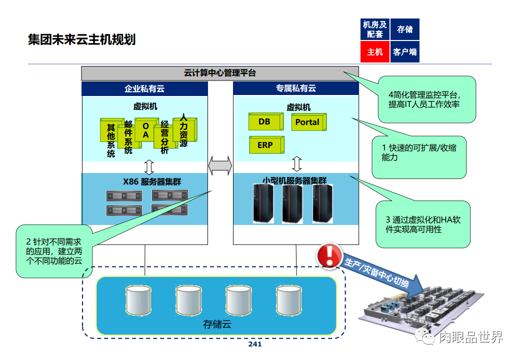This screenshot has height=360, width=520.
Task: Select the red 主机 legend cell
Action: coord(374,51)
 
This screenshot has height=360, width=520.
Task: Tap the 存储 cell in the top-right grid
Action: coord(404,29)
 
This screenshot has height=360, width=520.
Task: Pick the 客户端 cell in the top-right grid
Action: coord(404,51)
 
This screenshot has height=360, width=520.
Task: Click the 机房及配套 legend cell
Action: coord(374,29)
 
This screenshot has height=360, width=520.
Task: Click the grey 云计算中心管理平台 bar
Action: coord(220,73)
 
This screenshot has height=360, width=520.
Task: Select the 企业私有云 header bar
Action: coord(144,88)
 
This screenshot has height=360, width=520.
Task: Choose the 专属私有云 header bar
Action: coord(296,88)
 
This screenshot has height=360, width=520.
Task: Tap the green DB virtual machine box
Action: coord(264,121)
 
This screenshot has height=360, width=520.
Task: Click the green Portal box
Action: coord(307,122)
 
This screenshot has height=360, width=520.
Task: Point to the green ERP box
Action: coord(265,145)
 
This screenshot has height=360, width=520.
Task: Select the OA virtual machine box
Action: coord(145,130)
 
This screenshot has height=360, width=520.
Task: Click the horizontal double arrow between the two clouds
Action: coord(220,165)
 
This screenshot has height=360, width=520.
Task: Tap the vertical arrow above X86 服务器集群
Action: coord(148,166)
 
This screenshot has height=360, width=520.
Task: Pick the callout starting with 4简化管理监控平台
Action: coord(426,99)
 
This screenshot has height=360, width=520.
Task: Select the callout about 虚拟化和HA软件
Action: coord(422,224)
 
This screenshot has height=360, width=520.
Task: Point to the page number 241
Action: coord(255,344)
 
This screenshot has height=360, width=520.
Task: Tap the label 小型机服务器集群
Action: coord(294,180)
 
